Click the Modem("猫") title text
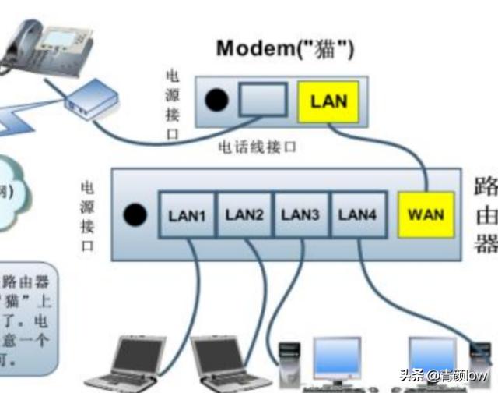point(285,49)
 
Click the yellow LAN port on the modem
point(328,101)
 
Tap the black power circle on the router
point(137,214)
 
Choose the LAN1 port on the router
point(187,214)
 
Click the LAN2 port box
point(243,214)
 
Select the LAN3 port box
point(300,214)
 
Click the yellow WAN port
point(425,214)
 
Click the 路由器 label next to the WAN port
point(486,215)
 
